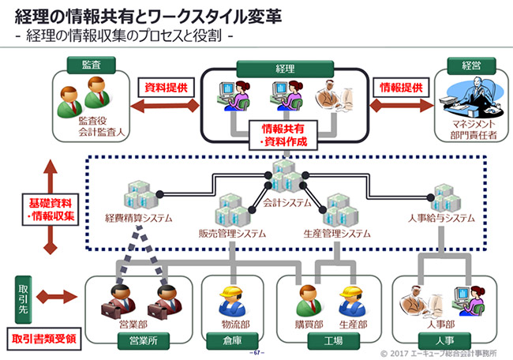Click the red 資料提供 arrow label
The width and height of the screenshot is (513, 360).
pyautogui.click(x=166, y=87)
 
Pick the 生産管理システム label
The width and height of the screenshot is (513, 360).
pyautogui.click(x=337, y=234)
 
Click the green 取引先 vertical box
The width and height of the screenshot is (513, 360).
pyautogui.click(x=23, y=298)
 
